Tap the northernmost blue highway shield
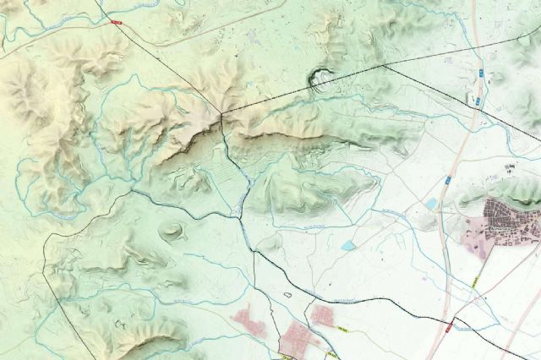(x=480, y=74)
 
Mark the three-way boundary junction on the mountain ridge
(x=221, y=113)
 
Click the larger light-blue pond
(x=348, y=245)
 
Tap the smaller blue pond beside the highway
(x=431, y=204)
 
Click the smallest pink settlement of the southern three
(x=322, y=315)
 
